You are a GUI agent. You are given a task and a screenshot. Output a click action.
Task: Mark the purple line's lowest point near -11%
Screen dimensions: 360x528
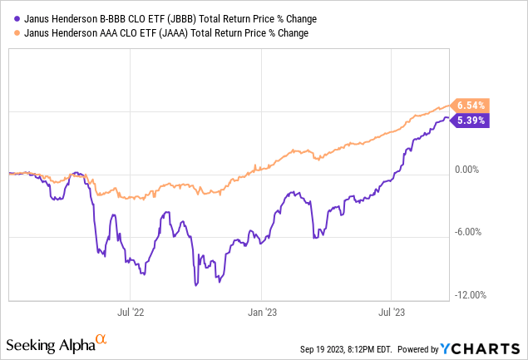196,285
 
